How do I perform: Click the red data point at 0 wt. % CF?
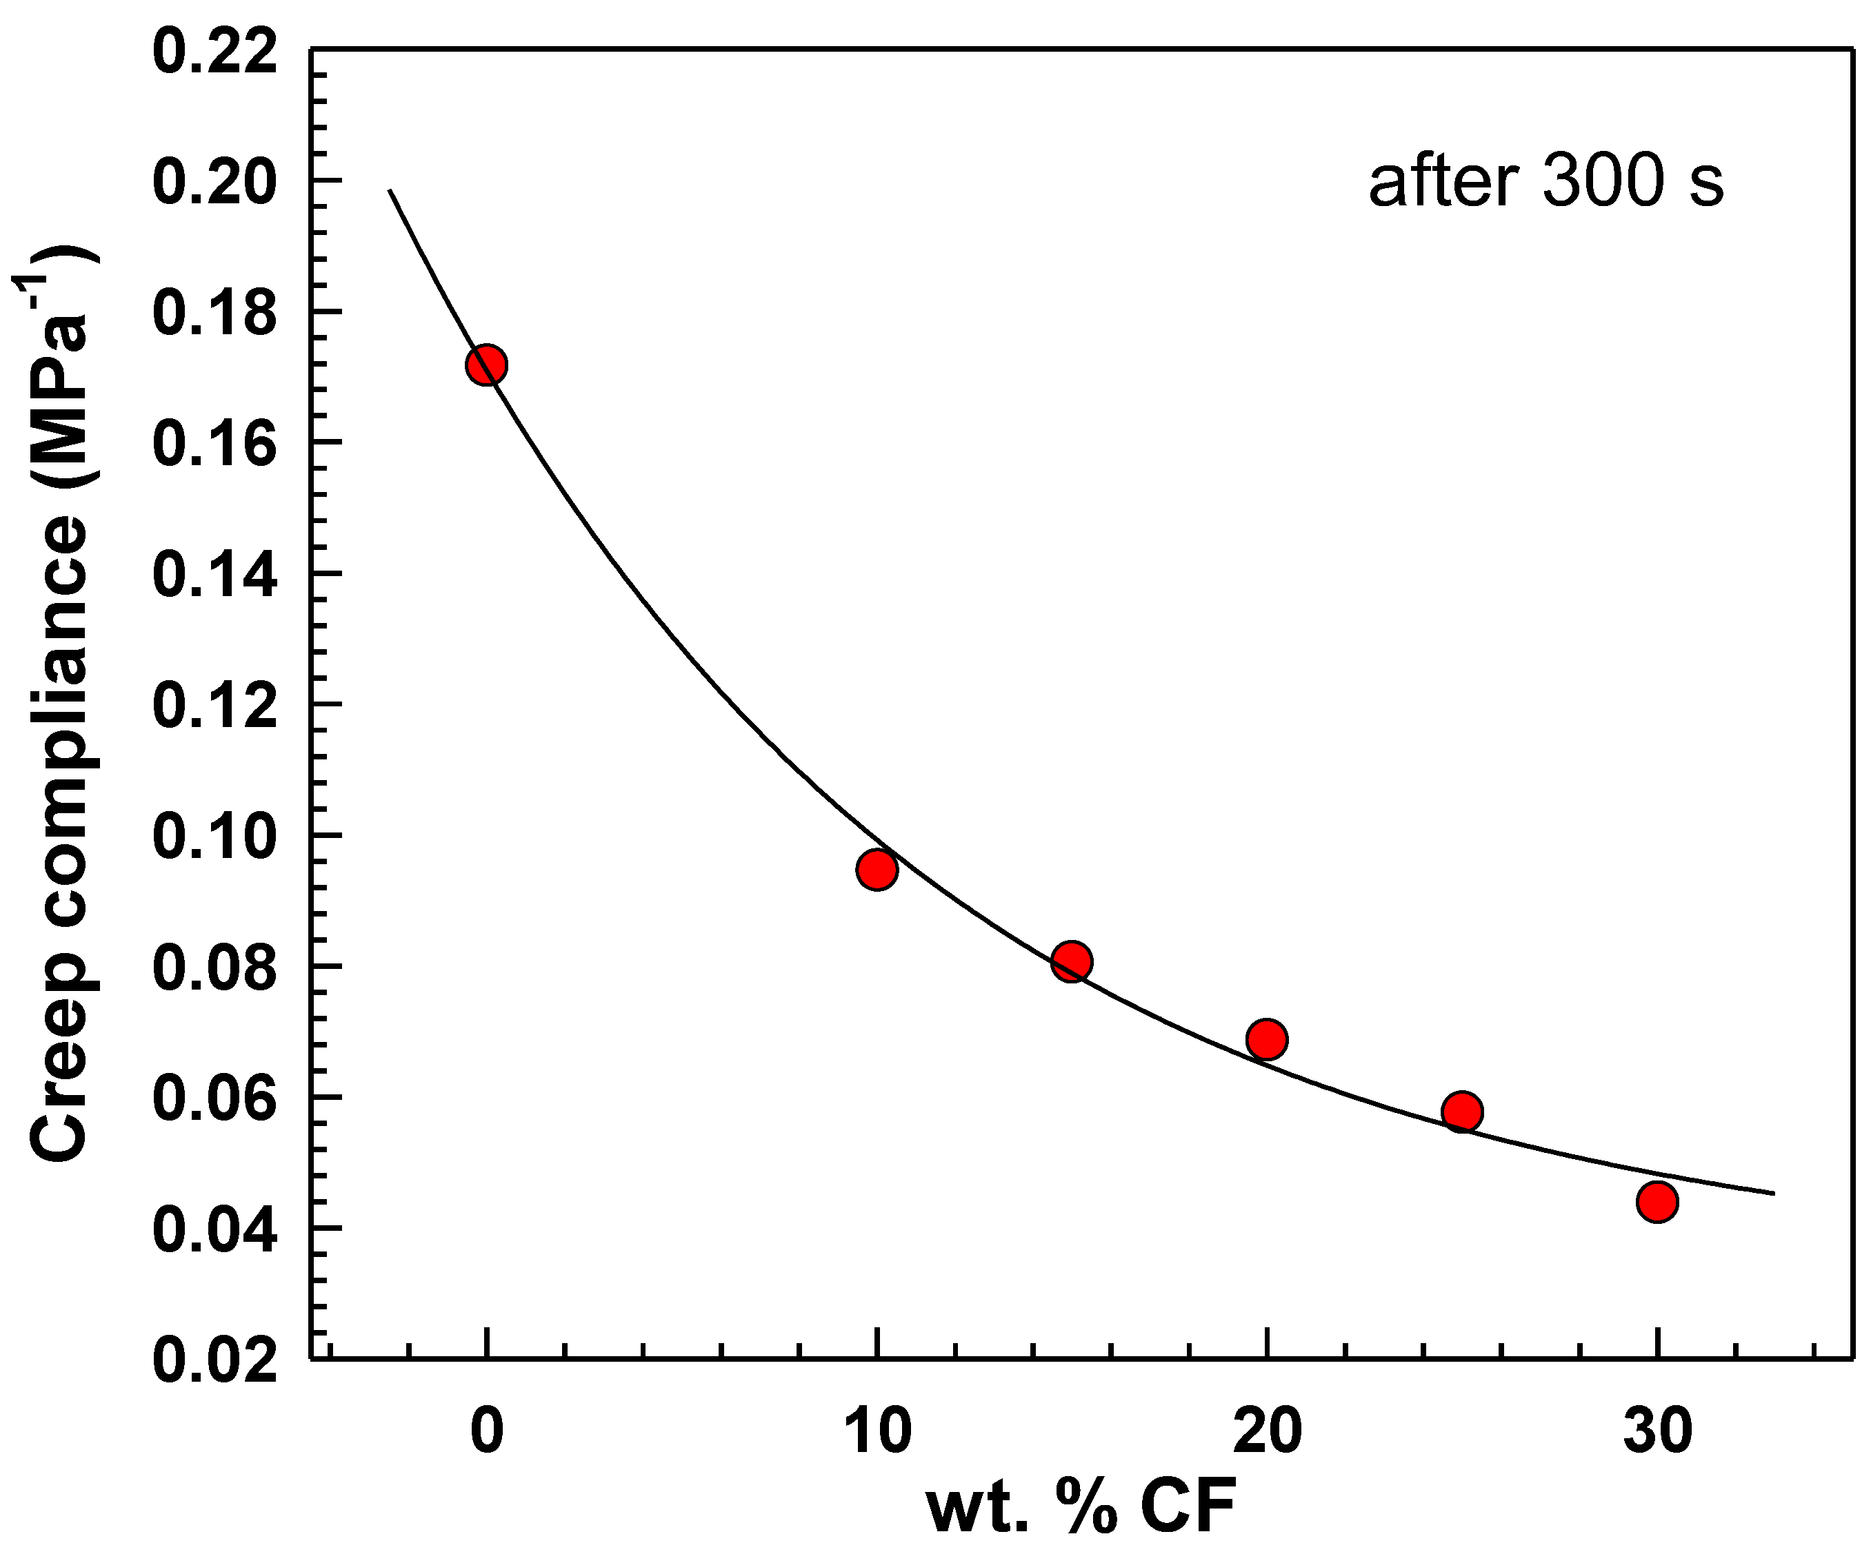click(486, 365)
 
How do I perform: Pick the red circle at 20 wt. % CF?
click(1266, 1039)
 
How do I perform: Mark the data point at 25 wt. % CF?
click(1462, 1112)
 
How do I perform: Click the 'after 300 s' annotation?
click(1545, 183)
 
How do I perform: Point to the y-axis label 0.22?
click(214, 52)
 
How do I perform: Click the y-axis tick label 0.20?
click(214, 182)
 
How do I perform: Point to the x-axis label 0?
click(486, 1432)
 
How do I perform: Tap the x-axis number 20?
click(1266, 1432)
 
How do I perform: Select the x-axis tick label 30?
click(1657, 1432)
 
